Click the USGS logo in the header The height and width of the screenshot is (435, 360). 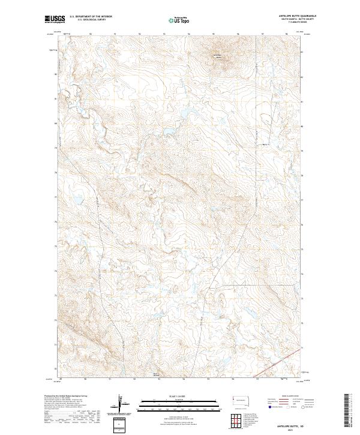[54, 19]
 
